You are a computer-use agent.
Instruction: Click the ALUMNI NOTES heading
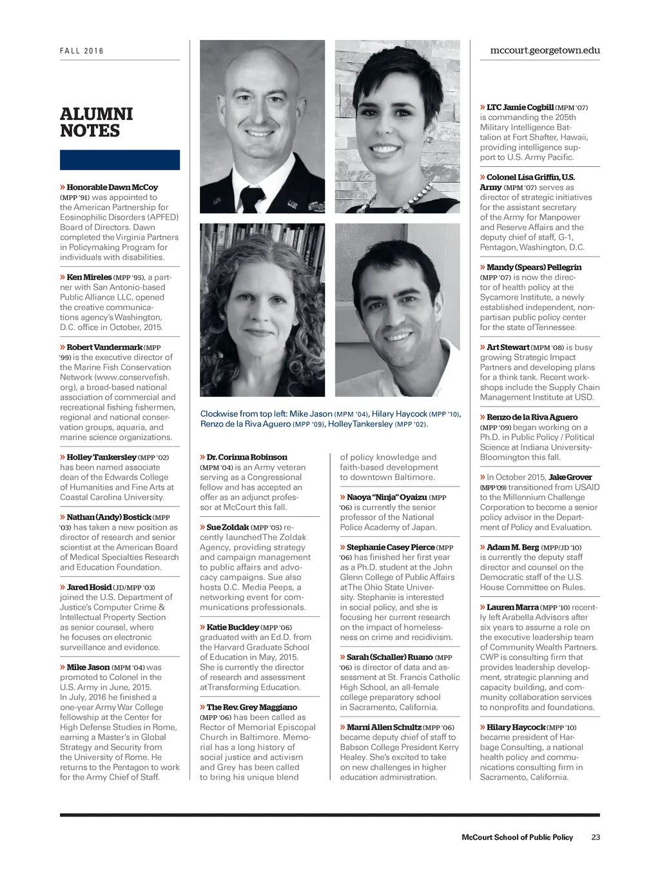(97, 122)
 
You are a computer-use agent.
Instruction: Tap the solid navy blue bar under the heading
(120, 160)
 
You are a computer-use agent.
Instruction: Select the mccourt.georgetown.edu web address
(545, 50)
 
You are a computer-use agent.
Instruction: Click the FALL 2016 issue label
(82, 51)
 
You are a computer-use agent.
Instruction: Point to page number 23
(596, 837)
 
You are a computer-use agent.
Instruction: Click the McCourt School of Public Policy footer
(517, 837)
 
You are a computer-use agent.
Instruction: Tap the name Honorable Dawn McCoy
(112, 188)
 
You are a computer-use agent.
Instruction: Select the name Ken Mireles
(89, 277)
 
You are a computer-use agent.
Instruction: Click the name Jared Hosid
(89, 587)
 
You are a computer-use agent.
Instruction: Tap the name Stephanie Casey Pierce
(391, 547)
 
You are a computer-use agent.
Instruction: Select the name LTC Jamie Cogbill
(520, 107)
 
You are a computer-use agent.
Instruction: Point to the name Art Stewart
(508, 347)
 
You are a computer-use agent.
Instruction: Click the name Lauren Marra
(512, 607)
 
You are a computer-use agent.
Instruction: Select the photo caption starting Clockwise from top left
(330, 419)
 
